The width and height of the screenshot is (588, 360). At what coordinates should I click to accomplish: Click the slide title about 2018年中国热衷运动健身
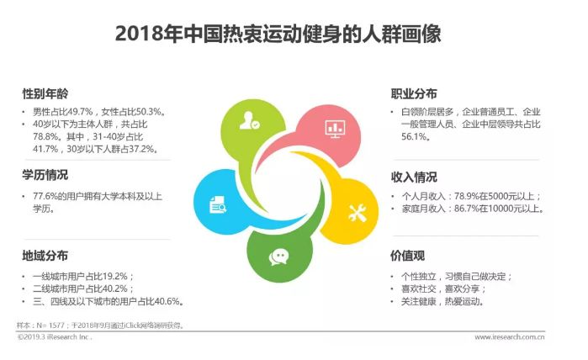pos(278,34)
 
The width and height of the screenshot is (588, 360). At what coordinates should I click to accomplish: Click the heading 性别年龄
pos(45,93)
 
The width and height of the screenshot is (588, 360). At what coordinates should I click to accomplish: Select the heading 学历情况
pos(45,175)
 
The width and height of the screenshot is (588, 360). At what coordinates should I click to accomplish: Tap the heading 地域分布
pos(45,256)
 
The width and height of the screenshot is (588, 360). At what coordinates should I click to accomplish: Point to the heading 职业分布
pos(414,93)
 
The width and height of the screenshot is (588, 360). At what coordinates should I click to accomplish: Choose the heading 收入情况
pos(414,177)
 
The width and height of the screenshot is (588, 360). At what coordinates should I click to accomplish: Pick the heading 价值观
pos(408,256)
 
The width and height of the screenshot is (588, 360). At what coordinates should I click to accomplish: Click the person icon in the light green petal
pos(249,121)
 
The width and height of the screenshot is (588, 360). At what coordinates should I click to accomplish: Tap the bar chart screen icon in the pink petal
pos(335,129)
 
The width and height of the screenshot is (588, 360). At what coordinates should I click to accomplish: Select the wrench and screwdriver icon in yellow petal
pos(357,214)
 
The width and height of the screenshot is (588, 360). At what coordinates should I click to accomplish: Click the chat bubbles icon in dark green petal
pos(278,257)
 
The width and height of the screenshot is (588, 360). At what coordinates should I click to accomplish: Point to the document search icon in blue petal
pos(218,204)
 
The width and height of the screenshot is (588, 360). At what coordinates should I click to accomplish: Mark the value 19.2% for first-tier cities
pos(115,277)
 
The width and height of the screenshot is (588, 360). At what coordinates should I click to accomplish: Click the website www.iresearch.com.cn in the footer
pos(509,337)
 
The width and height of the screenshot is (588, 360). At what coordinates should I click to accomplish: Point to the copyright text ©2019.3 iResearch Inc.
pos(55,337)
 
